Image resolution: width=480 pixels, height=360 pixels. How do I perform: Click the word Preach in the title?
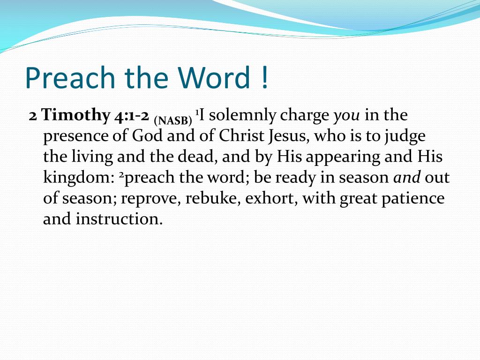[70, 77]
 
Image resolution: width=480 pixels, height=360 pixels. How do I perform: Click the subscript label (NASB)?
[173, 120]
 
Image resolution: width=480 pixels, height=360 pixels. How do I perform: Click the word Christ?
[241, 135]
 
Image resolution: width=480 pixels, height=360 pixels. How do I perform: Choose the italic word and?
[407, 178]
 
